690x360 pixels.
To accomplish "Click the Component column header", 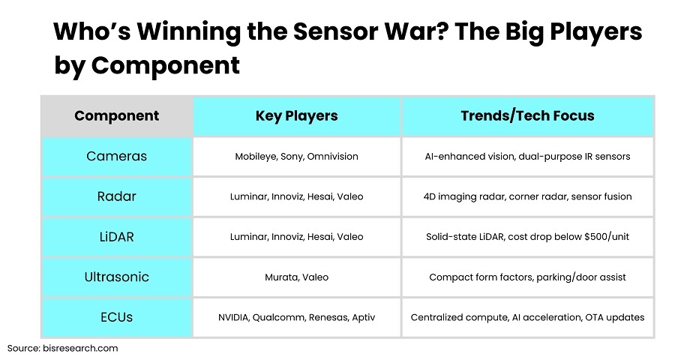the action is tap(116, 115).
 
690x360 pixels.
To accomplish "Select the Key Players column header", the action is tap(296, 115).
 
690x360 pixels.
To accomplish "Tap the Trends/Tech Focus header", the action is tap(527, 115).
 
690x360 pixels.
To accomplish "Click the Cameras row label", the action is tap(116, 156).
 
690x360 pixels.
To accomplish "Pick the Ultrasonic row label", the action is tap(116, 277).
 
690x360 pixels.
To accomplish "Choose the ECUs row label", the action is tap(116, 317).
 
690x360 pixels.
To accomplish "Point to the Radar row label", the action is tap(116, 196).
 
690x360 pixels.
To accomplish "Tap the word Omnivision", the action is tap(333, 156).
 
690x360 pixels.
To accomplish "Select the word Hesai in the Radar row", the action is tap(321, 196).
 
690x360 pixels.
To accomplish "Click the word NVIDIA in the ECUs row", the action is tap(234, 317).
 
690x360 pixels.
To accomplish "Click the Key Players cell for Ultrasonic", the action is tap(296, 277).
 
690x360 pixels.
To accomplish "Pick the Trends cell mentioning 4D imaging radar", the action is tap(527, 196).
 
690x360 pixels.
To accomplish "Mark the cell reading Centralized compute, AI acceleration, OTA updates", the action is tap(527, 317).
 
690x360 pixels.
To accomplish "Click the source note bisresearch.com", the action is tap(80, 348).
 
